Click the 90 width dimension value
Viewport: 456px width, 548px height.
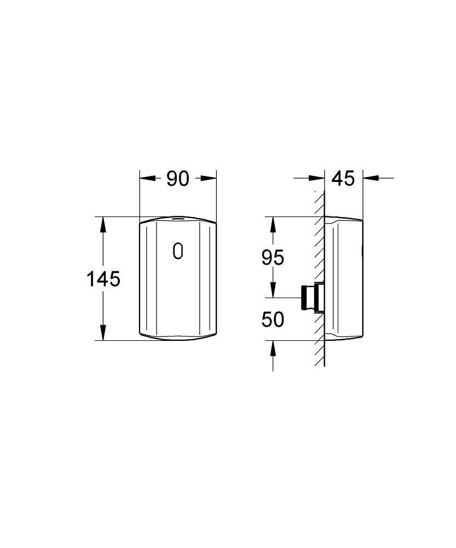coord(178,179)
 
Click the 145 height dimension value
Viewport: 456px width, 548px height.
coord(103,279)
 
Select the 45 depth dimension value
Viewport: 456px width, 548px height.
coord(343,179)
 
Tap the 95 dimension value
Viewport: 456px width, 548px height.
coord(273,258)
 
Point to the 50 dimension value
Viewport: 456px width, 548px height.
coord(273,319)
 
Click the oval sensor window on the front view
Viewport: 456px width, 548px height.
coord(178,251)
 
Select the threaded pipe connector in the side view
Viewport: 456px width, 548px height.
coord(313,298)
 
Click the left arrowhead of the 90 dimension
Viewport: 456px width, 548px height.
coord(147,178)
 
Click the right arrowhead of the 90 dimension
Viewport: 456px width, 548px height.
coord(209,178)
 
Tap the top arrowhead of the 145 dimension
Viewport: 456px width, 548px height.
coord(103,224)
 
